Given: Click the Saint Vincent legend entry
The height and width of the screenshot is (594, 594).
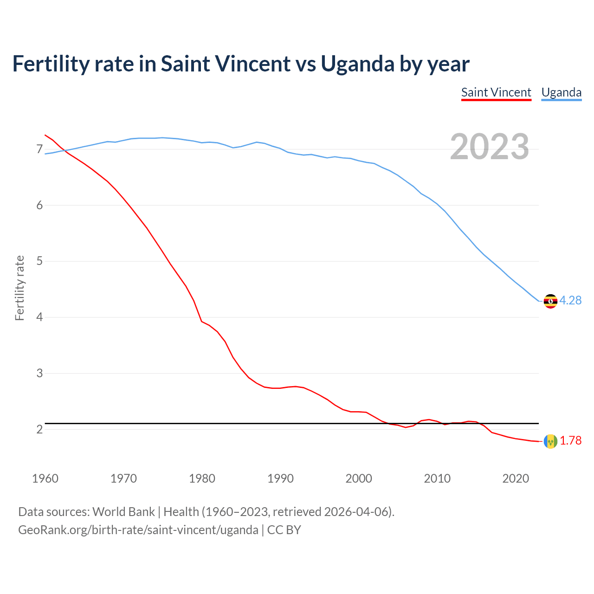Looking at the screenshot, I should pyautogui.click(x=496, y=92).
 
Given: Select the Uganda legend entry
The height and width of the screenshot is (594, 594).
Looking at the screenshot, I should pyautogui.click(x=562, y=92).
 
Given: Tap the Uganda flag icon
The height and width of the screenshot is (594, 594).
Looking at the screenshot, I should pyautogui.click(x=550, y=301).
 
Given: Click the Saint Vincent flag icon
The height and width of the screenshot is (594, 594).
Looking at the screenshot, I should pyautogui.click(x=550, y=441).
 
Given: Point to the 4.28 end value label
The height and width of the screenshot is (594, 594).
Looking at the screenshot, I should pyautogui.click(x=570, y=301).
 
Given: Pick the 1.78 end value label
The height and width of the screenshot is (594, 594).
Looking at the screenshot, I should pyautogui.click(x=570, y=441).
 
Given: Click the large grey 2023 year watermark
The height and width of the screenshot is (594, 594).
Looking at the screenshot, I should pyautogui.click(x=490, y=147).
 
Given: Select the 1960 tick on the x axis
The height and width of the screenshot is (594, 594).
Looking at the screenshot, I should pyautogui.click(x=45, y=478).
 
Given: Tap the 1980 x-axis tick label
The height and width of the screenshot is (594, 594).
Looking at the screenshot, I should pyautogui.click(x=202, y=478).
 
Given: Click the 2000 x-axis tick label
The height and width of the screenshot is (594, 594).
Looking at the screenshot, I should pyautogui.click(x=359, y=478).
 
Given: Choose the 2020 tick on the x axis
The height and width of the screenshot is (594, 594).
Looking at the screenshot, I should pyautogui.click(x=516, y=478).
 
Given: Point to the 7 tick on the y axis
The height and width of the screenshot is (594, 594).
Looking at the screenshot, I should pyautogui.click(x=39, y=149).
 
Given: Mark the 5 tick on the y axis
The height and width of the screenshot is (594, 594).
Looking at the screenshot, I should pyautogui.click(x=39, y=261).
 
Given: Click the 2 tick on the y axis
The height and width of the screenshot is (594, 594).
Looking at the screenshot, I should pyautogui.click(x=39, y=430).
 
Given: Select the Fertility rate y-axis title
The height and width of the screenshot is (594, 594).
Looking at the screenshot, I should pyautogui.click(x=19, y=288).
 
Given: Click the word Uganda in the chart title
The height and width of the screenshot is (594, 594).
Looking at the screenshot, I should pyautogui.click(x=357, y=64).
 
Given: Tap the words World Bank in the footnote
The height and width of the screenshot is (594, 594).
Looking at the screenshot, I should pyautogui.click(x=123, y=512).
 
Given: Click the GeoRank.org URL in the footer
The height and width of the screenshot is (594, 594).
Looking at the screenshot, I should pyautogui.click(x=138, y=530).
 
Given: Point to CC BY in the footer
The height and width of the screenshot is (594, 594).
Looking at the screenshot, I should pyautogui.click(x=284, y=530).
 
